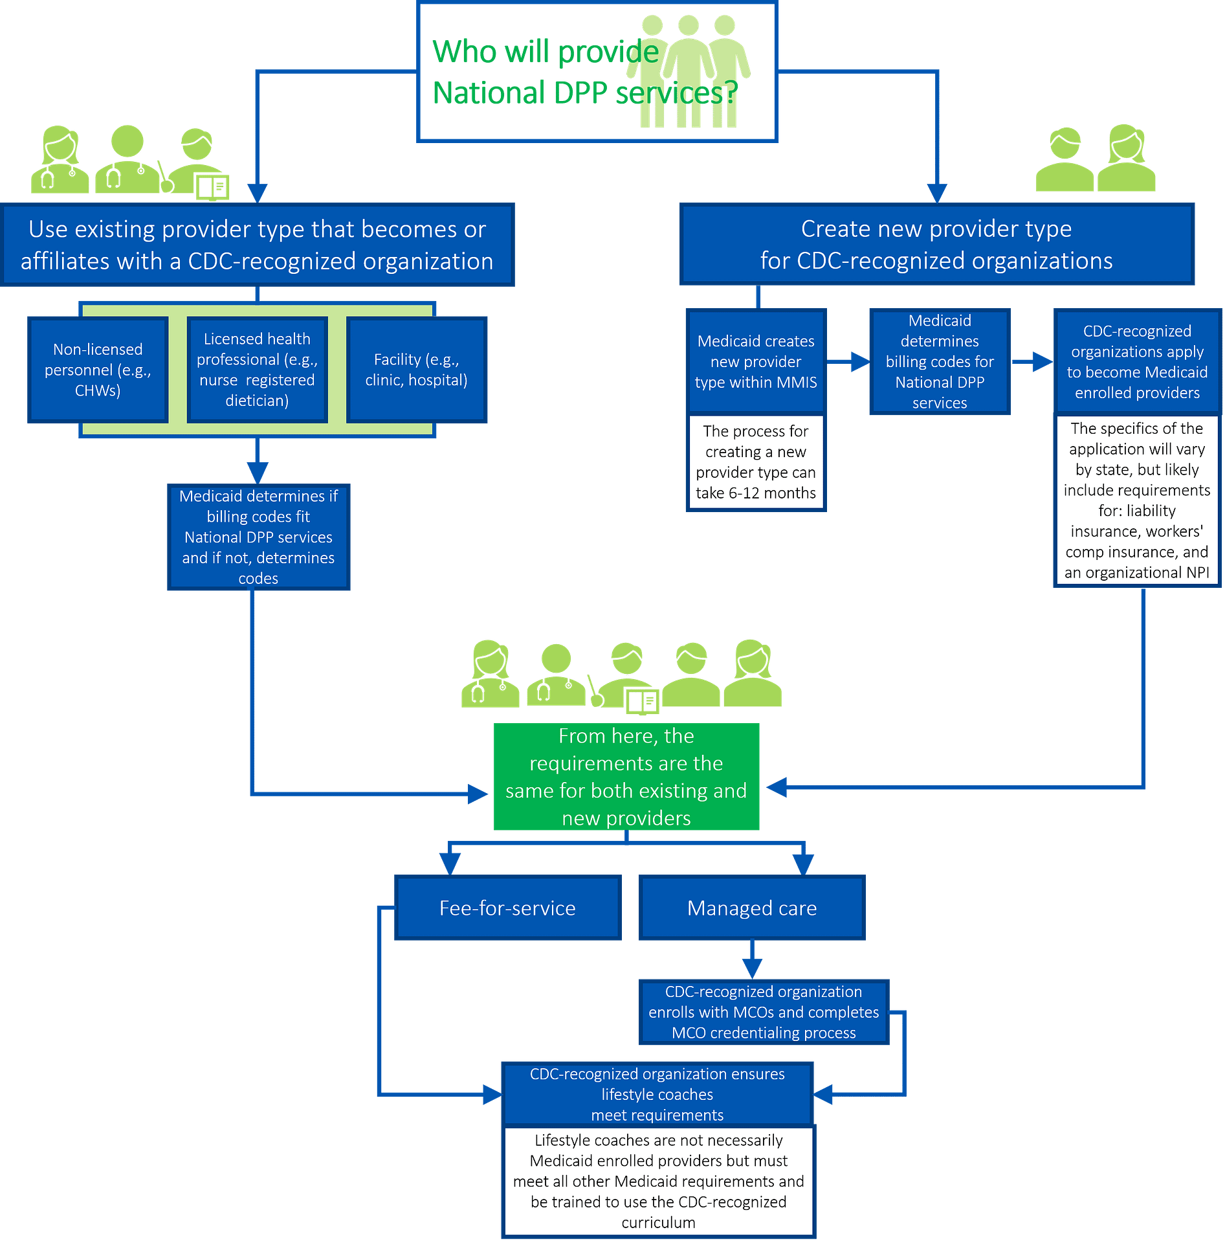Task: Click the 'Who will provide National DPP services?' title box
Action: tap(597, 71)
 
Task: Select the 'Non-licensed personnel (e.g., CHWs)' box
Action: tap(98, 370)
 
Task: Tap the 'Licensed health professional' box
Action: tap(257, 370)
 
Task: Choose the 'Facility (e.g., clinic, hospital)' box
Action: tap(416, 370)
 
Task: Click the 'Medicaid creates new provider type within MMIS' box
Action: tap(756, 361)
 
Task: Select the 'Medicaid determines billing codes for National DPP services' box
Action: tap(939, 361)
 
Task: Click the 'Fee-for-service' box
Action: tap(507, 908)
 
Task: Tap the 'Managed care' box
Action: tap(752, 908)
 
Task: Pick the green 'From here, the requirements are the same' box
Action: tap(626, 777)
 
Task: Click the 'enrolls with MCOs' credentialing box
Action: tap(764, 1012)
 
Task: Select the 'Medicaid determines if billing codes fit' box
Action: tap(258, 537)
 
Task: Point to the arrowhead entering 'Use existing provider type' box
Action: tap(258, 193)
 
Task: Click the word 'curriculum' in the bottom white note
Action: tap(658, 1222)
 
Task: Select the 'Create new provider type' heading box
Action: tap(936, 244)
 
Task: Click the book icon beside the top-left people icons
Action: tap(212, 188)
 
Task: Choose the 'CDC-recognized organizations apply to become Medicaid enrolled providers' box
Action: tap(1137, 361)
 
